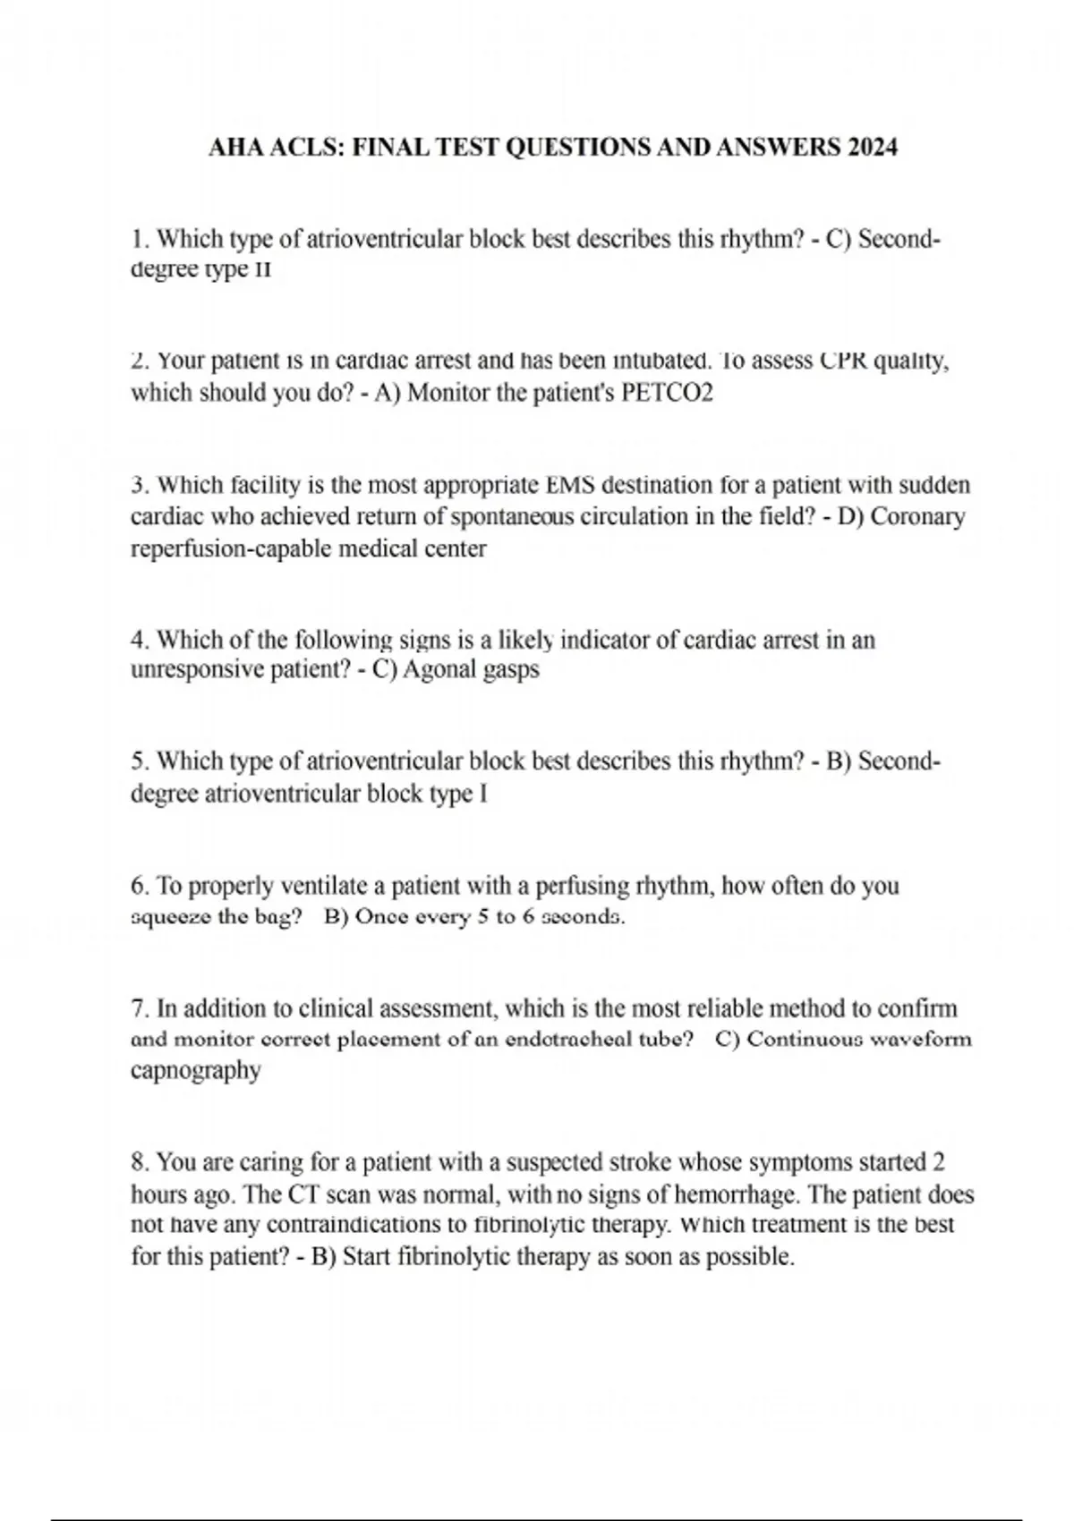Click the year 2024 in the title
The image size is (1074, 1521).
click(x=872, y=147)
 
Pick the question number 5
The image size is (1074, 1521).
click(x=139, y=761)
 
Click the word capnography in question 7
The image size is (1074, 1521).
click(x=196, y=1070)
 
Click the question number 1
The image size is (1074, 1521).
click(x=139, y=239)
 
